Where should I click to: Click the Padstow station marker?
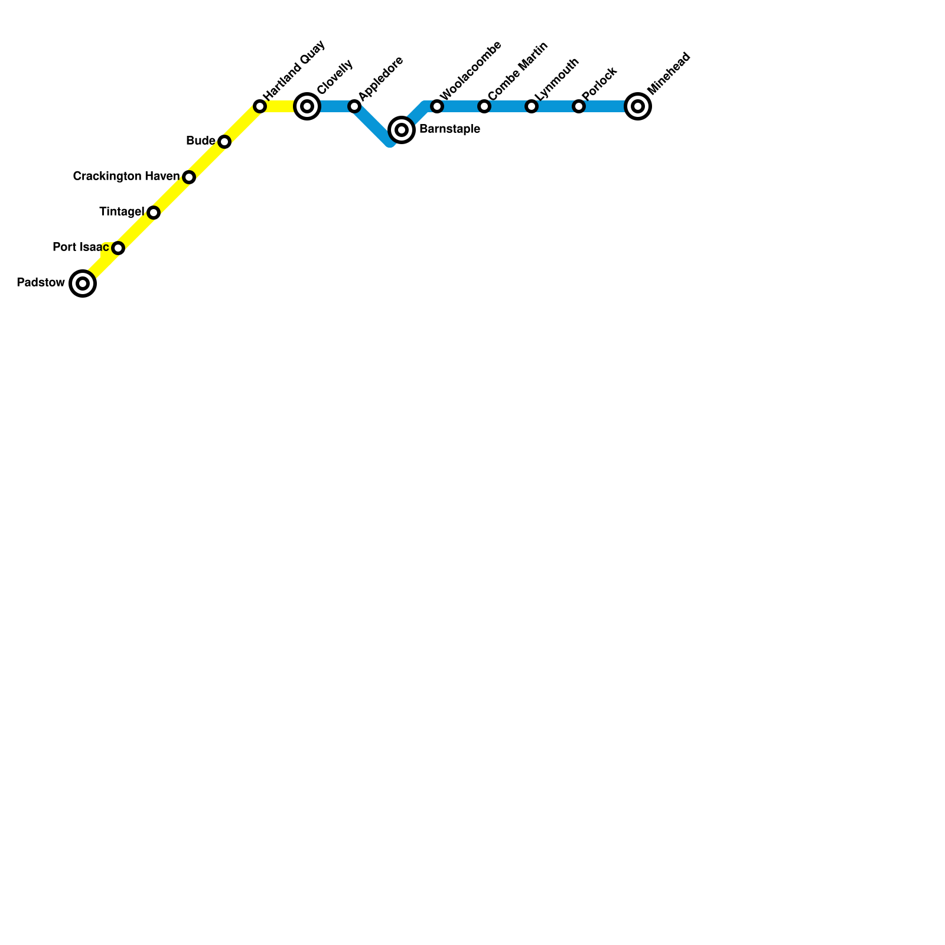point(83,283)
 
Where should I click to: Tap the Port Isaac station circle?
point(118,248)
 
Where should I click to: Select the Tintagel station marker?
point(154,213)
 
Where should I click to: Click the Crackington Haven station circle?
point(189,177)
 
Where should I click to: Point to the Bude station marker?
point(224,142)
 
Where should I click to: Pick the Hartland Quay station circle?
point(260,106)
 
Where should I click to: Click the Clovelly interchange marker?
point(307,106)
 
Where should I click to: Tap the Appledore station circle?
point(354,106)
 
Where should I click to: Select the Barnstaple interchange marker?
point(402,130)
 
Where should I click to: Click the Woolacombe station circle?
point(437,106)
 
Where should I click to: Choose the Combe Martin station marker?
point(484,106)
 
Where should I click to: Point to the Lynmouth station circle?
point(532,106)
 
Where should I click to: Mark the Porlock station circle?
point(579,106)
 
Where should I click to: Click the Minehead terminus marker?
point(638,106)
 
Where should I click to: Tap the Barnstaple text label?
point(449,129)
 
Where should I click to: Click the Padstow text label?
point(41,283)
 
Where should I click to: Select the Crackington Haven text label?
point(126,177)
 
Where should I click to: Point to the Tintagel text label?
point(122,212)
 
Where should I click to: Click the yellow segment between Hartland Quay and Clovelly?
point(281,106)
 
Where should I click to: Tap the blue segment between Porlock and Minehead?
point(605,106)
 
